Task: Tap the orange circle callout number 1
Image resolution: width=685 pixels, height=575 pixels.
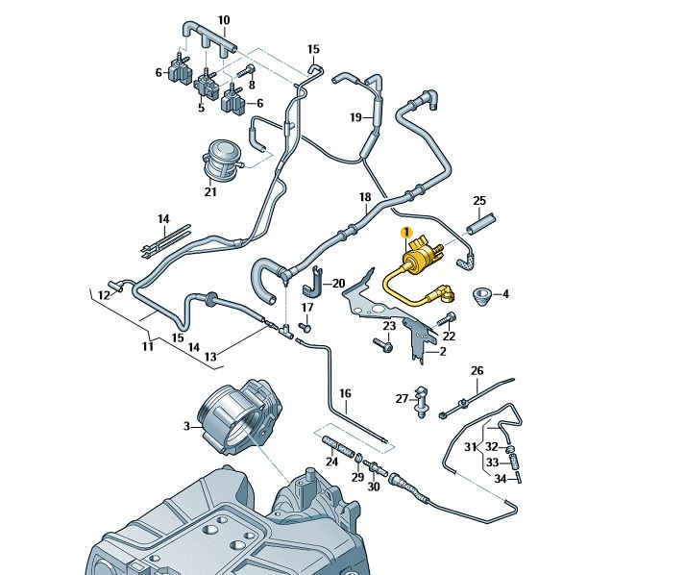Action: pyautogui.click(x=406, y=233)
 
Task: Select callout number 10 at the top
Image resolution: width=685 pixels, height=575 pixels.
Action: pyautogui.click(x=224, y=20)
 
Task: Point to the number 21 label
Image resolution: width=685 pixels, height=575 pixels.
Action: pyautogui.click(x=210, y=192)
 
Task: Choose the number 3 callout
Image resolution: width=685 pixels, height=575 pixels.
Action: pyautogui.click(x=188, y=424)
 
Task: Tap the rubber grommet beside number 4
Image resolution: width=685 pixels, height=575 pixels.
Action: pyautogui.click(x=483, y=294)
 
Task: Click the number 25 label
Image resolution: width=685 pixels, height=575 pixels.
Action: pyautogui.click(x=479, y=201)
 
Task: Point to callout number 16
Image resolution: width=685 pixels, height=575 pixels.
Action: pyautogui.click(x=346, y=393)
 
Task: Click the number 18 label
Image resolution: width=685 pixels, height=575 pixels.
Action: pyautogui.click(x=365, y=197)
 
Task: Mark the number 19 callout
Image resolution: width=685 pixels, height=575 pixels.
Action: pyautogui.click(x=355, y=117)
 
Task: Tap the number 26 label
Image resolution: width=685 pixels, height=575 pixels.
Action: pyautogui.click(x=477, y=371)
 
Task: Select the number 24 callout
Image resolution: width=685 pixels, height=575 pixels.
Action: pyautogui.click(x=331, y=462)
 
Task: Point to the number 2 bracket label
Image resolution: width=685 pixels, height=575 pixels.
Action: pyautogui.click(x=443, y=352)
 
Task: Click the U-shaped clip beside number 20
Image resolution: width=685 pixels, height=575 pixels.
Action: pyautogui.click(x=313, y=285)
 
